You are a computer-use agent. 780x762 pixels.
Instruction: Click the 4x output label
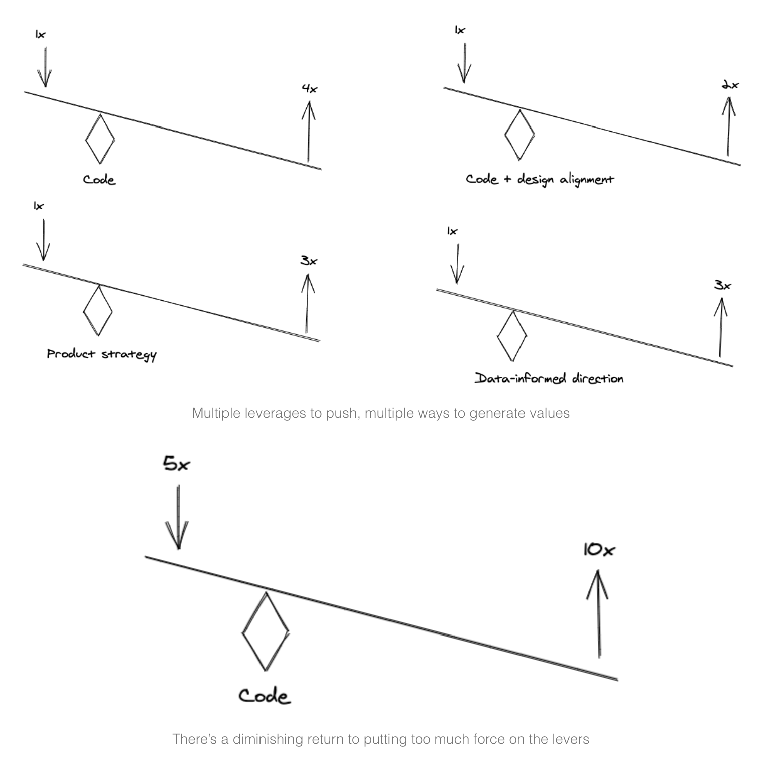tap(310, 89)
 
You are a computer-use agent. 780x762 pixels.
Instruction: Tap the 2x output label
tap(730, 85)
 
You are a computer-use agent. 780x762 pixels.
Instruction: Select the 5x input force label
tap(176, 463)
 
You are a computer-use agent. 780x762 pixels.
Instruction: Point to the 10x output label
tap(599, 550)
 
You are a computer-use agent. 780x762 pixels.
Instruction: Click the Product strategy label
tap(101, 354)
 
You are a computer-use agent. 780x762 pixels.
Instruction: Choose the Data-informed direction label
tap(549, 378)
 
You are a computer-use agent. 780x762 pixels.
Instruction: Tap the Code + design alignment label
tap(540, 179)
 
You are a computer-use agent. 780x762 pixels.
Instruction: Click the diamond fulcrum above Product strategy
tap(98, 311)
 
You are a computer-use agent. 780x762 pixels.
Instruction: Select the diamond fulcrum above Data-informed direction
tap(512, 336)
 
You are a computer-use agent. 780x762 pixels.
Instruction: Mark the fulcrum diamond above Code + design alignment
tap(519, 135)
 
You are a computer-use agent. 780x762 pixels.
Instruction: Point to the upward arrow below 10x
tap(598, 613)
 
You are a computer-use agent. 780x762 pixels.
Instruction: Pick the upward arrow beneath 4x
tap(308, 131)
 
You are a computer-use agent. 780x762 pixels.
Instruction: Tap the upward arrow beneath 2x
tap(728, 125)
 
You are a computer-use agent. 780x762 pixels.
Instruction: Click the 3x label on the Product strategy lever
tap(309, 261)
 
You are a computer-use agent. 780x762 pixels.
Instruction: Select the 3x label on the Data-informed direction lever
tap(722, 285)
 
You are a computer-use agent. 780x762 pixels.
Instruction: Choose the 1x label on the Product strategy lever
tap(39, 206)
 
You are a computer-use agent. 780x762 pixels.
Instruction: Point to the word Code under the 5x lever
tap(264, 696)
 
